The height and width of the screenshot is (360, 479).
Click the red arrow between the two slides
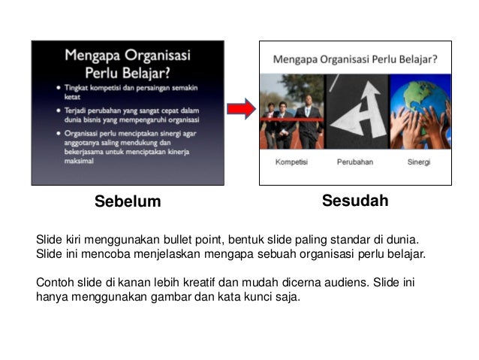(x=241, y=110)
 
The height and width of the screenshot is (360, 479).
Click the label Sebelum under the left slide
(x=128, y=201)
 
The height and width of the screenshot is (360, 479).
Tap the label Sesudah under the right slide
(x=354, y=201)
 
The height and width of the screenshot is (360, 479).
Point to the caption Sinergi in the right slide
(x=419, y=162)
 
